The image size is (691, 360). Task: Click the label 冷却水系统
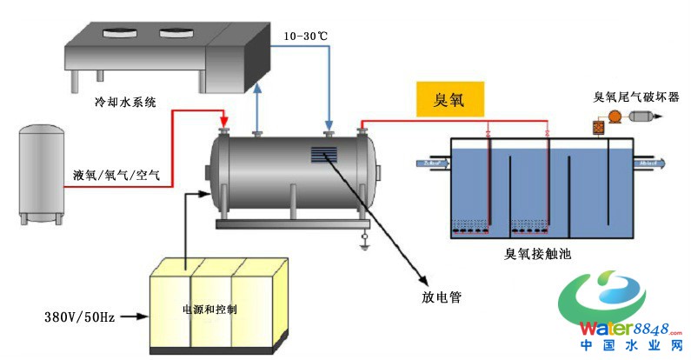[x=125, y=102]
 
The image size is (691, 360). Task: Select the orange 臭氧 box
[x=449, y=98]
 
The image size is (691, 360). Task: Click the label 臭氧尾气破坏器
[x=635, y=97]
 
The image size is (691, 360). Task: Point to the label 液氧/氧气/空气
[x=116, y=173]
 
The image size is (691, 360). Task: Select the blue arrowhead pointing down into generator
[x=329, y=125]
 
